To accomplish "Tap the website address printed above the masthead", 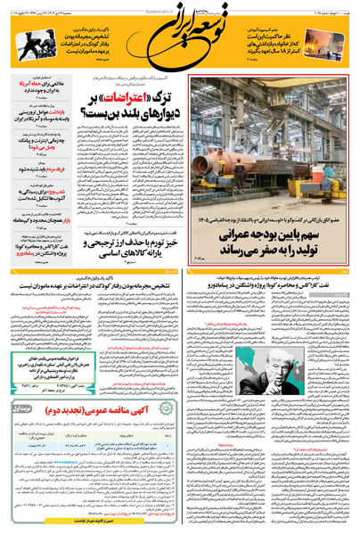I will click(180, 4).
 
